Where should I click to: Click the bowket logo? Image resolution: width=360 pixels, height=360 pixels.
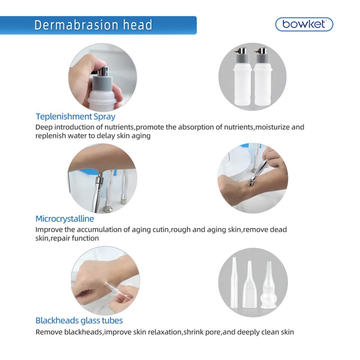click(x=304, y=24)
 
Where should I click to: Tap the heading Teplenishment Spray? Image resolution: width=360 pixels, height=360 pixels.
click(x=75, y=117)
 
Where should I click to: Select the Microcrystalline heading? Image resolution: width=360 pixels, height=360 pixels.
click(x=65, y=219)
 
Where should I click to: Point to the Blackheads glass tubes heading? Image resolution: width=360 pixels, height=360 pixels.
click(x=79, y=320)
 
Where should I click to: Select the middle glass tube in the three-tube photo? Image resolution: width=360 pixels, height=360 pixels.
click(x=249, y=288)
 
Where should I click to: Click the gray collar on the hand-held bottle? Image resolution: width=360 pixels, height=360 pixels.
click(x=102, y=83)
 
